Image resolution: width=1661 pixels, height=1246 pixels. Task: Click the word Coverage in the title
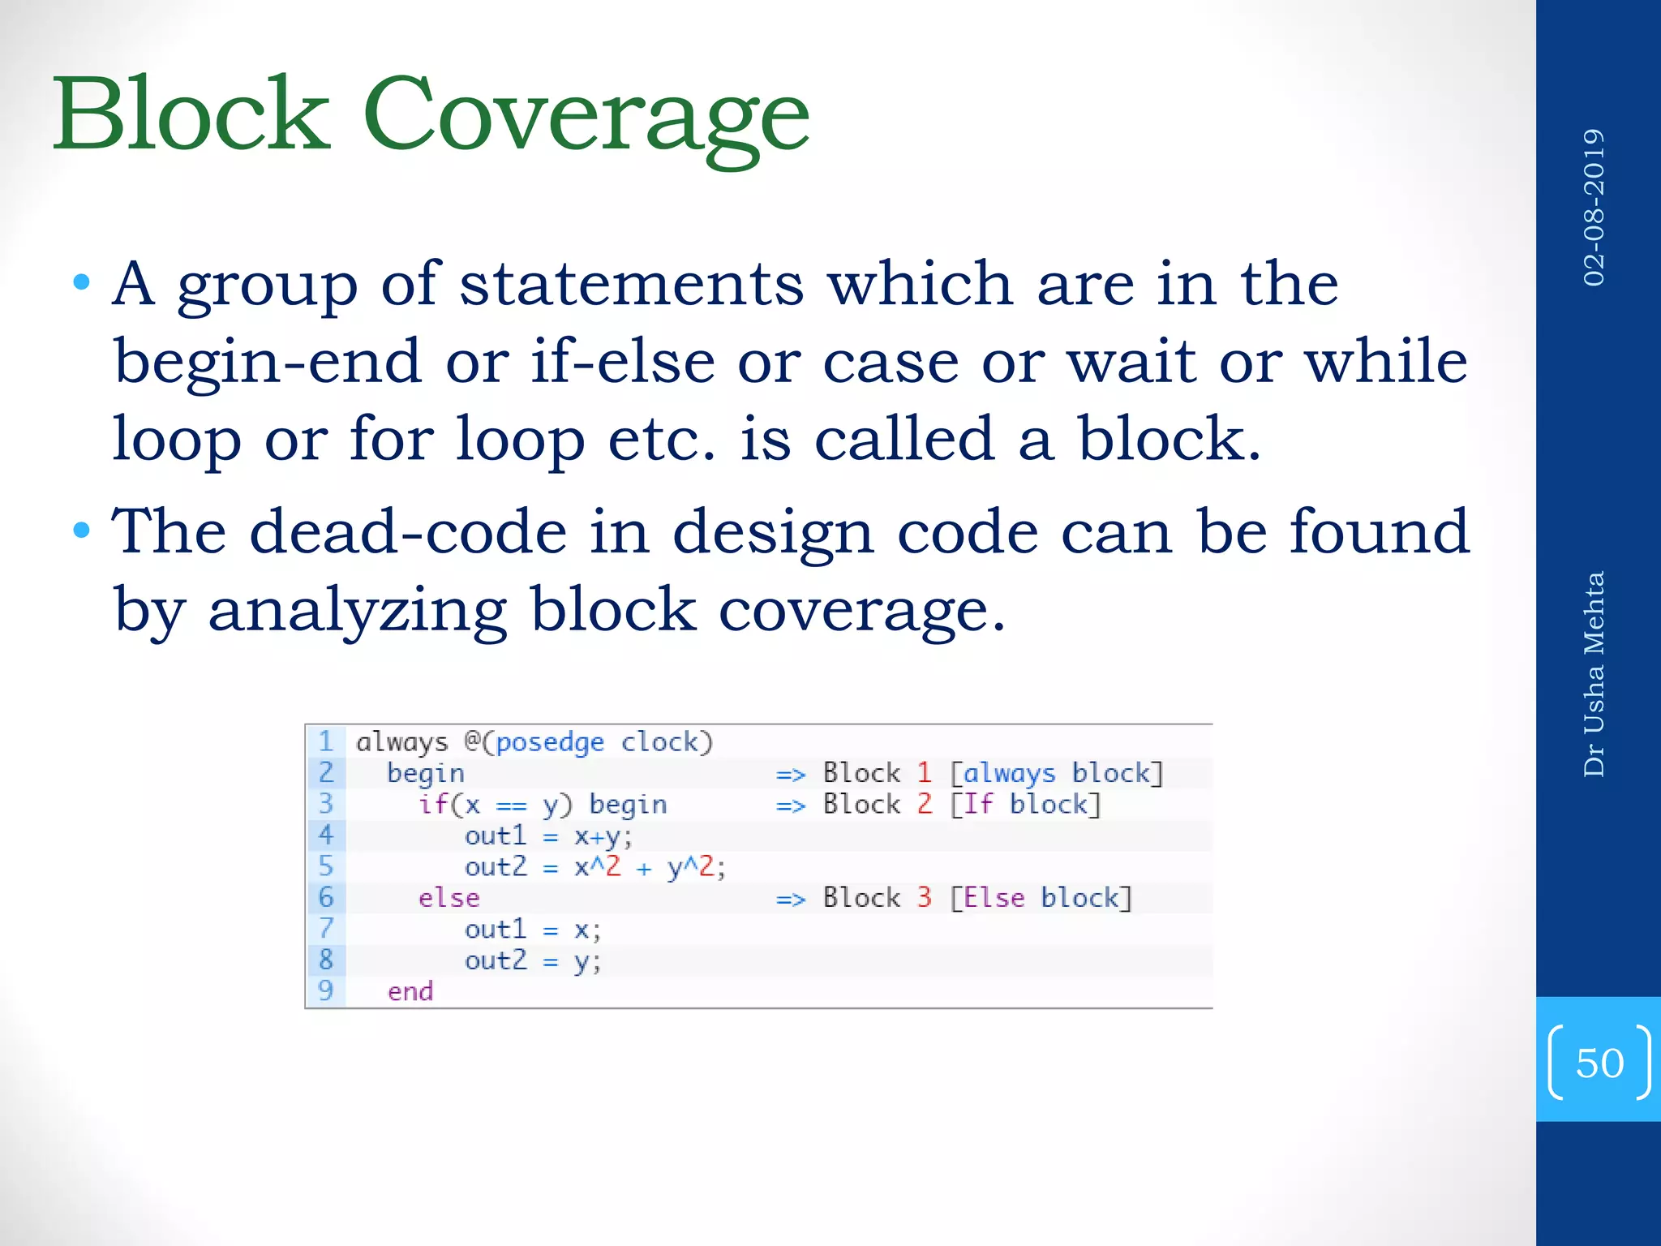pos(586,115)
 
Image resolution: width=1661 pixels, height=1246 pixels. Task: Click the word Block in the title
pos(192,115)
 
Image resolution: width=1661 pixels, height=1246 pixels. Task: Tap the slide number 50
pos(1599,1063)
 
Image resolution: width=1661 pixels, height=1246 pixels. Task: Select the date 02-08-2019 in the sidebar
pos(1594,208)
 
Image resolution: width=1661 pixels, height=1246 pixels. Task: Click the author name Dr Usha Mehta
pos(1594,674)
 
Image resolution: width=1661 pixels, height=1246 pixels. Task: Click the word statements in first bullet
pos(632,285)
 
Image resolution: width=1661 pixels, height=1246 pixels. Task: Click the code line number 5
pos(326,866)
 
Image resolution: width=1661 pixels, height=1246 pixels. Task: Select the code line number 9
pos(326,990)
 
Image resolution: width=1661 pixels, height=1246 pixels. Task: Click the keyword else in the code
pos(449,898)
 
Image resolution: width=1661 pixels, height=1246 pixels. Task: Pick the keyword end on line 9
pos(410,991)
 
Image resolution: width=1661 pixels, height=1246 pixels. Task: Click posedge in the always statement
pos(550,742)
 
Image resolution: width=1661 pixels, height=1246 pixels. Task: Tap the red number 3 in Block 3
pos(924,897)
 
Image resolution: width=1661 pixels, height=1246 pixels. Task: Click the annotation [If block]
pos(1025,804)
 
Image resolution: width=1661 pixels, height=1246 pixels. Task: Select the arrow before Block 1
pos(790,775)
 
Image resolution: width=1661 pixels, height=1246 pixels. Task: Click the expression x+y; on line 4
pos(603,836)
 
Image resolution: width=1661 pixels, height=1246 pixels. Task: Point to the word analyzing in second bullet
pos(358,610)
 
